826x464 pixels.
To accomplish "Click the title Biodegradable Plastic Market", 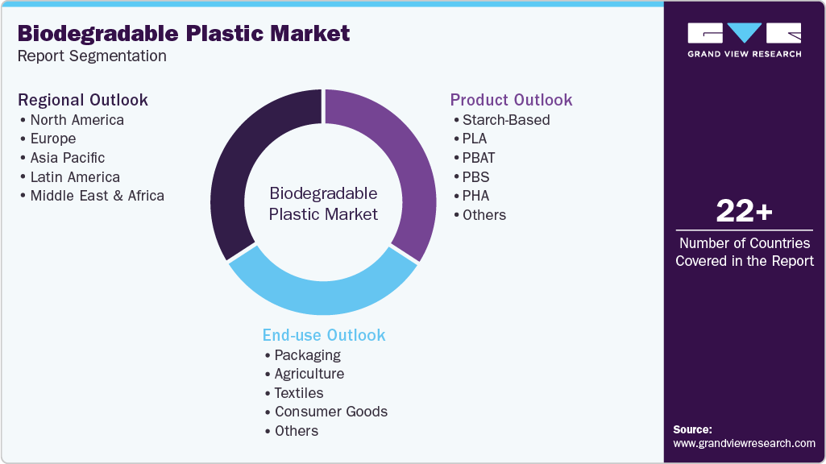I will pos(184,33).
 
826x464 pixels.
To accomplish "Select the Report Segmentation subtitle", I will pos(92,56).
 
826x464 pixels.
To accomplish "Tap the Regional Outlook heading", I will pos(83,100).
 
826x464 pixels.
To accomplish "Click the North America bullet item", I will pos(77,120).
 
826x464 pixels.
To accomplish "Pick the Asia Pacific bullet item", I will pos(67,158).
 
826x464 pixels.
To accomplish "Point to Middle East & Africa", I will pos(97,196).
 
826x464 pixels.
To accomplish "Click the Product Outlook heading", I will pos(511,100).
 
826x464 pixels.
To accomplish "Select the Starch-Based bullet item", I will pos(505,120).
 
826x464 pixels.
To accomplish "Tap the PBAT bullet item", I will pos(478,158).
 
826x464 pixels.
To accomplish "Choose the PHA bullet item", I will pos(475,196).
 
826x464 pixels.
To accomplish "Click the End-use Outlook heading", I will pos(324,335).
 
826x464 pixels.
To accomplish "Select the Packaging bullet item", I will pos(307,355).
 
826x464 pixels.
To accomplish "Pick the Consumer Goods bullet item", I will pos(330,412).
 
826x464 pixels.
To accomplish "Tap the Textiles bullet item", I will pos(298,393).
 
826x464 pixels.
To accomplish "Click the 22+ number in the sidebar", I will pos(744,212).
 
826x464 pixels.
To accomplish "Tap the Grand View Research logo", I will pos(744,39).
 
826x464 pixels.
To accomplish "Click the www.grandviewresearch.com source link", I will pos(744,443).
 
